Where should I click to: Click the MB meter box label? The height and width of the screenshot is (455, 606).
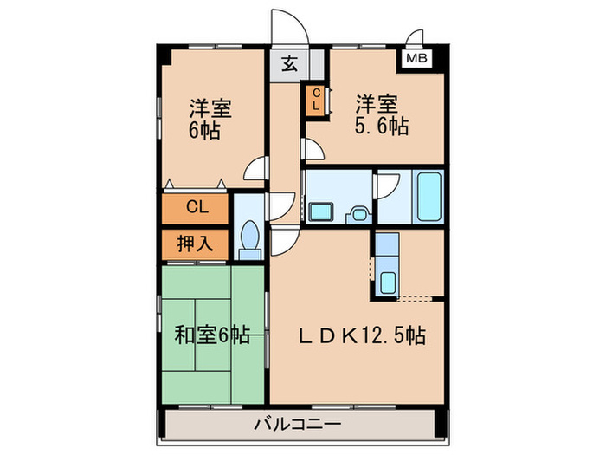[417, 59]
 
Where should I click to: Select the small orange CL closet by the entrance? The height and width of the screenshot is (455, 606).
[316, 100]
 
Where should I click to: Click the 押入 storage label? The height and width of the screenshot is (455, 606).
[196, 244]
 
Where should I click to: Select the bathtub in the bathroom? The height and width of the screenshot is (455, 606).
[429, 198]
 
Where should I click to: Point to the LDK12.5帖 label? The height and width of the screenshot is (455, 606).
[362, 335]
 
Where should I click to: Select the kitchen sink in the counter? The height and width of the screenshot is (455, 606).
[387, 281]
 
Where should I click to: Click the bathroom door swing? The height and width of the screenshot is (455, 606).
[386, 185]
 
